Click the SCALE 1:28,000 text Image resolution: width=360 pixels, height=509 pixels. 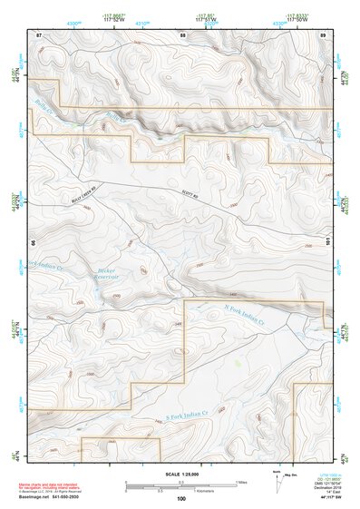point(181,474)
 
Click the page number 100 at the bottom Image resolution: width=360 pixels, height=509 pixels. point(181,499)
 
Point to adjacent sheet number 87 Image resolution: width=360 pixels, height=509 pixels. point(39,34)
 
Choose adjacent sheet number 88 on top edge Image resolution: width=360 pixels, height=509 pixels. point(182,34)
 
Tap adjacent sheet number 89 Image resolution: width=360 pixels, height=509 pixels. point(323,34)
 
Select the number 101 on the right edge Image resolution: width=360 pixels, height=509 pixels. point(329,242)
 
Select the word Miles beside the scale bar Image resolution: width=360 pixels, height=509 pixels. point(240,483)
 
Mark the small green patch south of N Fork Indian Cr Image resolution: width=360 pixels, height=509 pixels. point(238,362)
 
